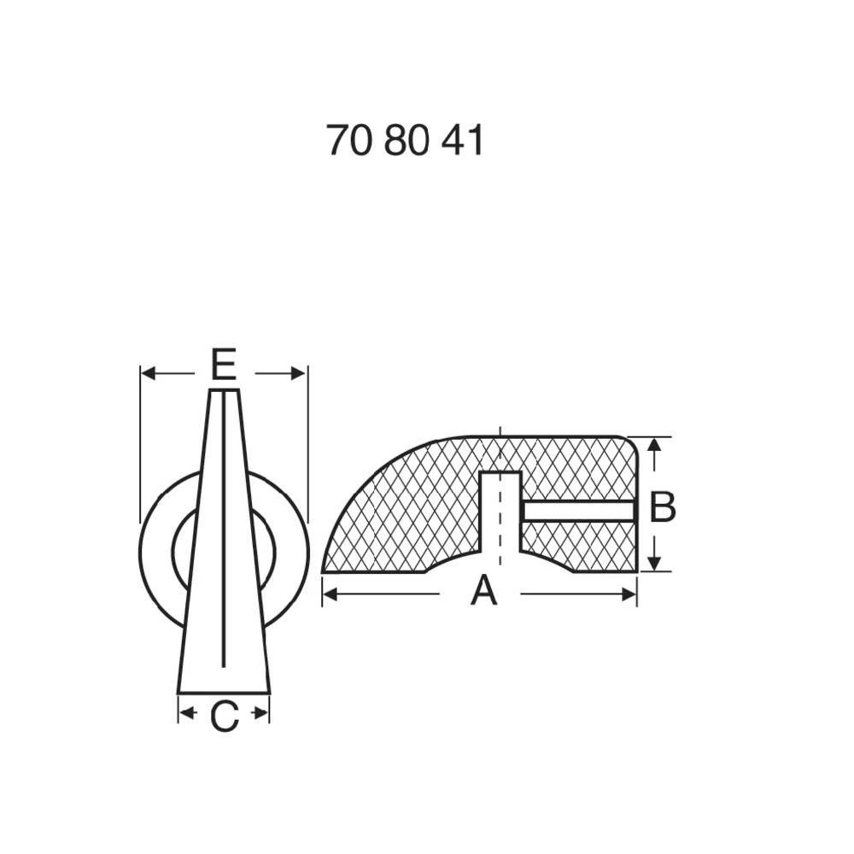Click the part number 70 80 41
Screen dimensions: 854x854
pyautogui.click(x=405, y=141)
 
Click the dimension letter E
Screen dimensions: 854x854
pyautogui.click(x=223, y=366)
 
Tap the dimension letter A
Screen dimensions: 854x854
pyautogui.click(x=483, y=591)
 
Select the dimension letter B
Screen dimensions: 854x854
pyautogui.click(x=663, y=507)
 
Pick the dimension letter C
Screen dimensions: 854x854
pyautogui.click(x=224, y=717)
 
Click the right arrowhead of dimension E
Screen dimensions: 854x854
pyautogui.click(x=298, y=373)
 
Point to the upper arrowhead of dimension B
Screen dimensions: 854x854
pyautogui.click(x=654, y=445)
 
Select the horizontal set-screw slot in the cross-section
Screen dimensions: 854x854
pyautogui.click(x=578, y=511)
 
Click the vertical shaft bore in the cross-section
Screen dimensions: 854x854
pyautogui.click(x=500, y=512)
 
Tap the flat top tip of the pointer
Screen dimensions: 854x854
pyautogui.click(x=224, y=391)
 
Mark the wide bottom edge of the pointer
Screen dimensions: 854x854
pyautogui.click(x=224, y=692)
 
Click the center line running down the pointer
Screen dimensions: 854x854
pyautogui.click(x=224, y=529)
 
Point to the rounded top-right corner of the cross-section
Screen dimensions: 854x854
pyautogui.click(x=630, y=443)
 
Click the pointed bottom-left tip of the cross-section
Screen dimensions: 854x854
pyautogui.click(x=325, y=570)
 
